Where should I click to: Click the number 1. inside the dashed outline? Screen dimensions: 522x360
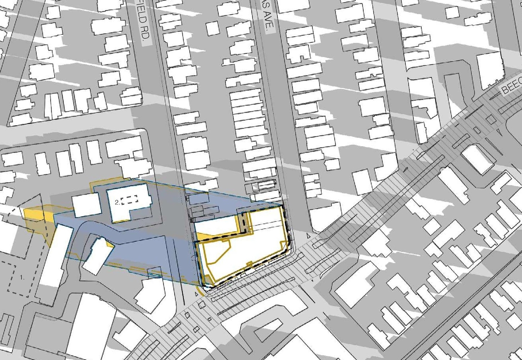tap(22, 277)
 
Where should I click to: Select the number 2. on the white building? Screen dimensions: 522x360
tap(117, 201)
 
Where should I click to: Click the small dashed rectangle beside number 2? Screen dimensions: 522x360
tap(130, 199)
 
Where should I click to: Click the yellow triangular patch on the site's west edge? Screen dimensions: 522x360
tap(201, 236)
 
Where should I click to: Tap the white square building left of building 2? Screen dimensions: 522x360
tap(86, 205)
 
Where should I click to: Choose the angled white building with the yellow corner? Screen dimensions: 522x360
tap(96, 256)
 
